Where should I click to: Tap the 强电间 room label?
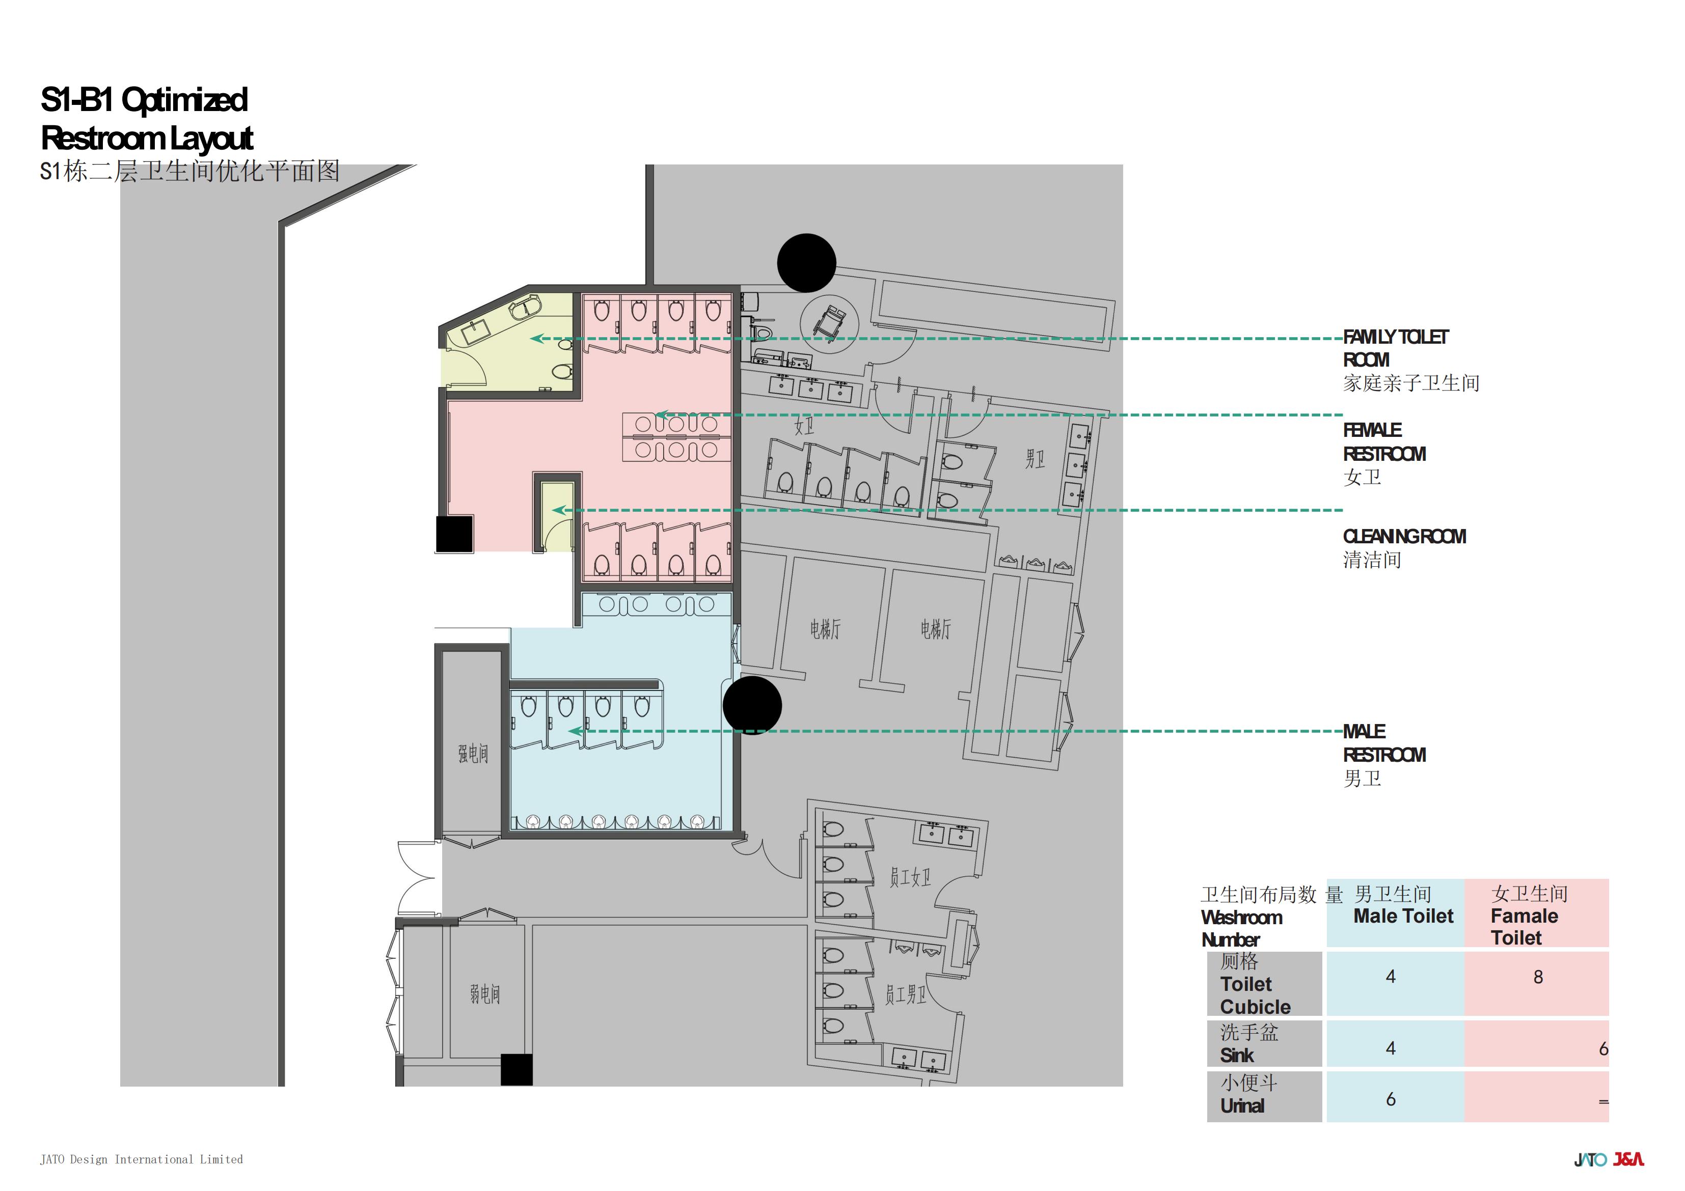tap(473, 754)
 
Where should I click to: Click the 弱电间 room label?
tap(485, 994)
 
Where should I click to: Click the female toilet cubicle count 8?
tap(1538, 977)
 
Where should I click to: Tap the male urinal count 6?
tap(1391, 1098)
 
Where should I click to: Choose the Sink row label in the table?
tap(1237, 1055)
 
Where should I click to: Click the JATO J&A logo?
tap(1609, 1159)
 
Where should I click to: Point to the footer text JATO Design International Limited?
tap(141, 1159)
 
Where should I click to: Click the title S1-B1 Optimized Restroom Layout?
tap(147, 118)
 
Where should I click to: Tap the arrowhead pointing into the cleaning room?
tap(558, 510)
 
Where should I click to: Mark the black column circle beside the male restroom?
tap(752, 705)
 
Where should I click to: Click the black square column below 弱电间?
tap(517, 1069)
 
